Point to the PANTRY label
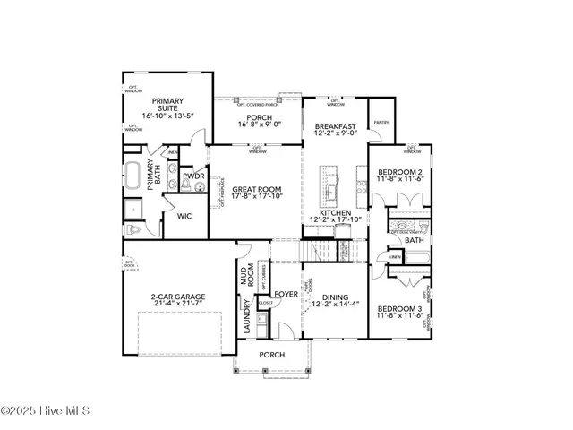[380, 122]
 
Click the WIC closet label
[184, 216]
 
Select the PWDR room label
[193, 176]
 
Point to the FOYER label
[286, 293]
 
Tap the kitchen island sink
[330, 190]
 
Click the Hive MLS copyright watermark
[46, 412]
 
